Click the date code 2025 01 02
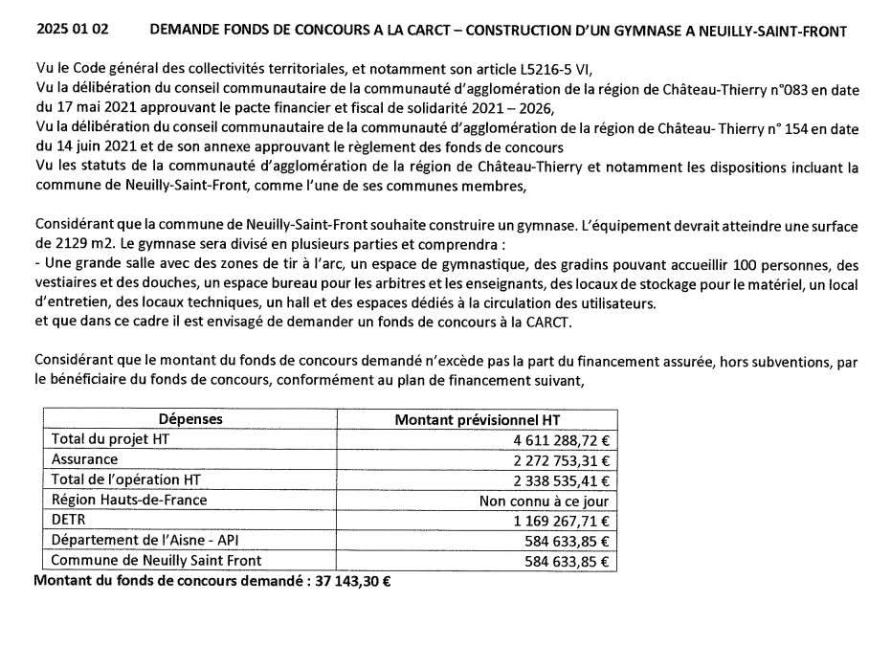click(72, 31)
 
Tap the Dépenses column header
click(189, 419)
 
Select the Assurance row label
click(84, 459)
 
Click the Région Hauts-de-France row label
click(128, 500)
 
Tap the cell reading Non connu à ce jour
click(543, 501)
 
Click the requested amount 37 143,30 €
click(354, 580)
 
